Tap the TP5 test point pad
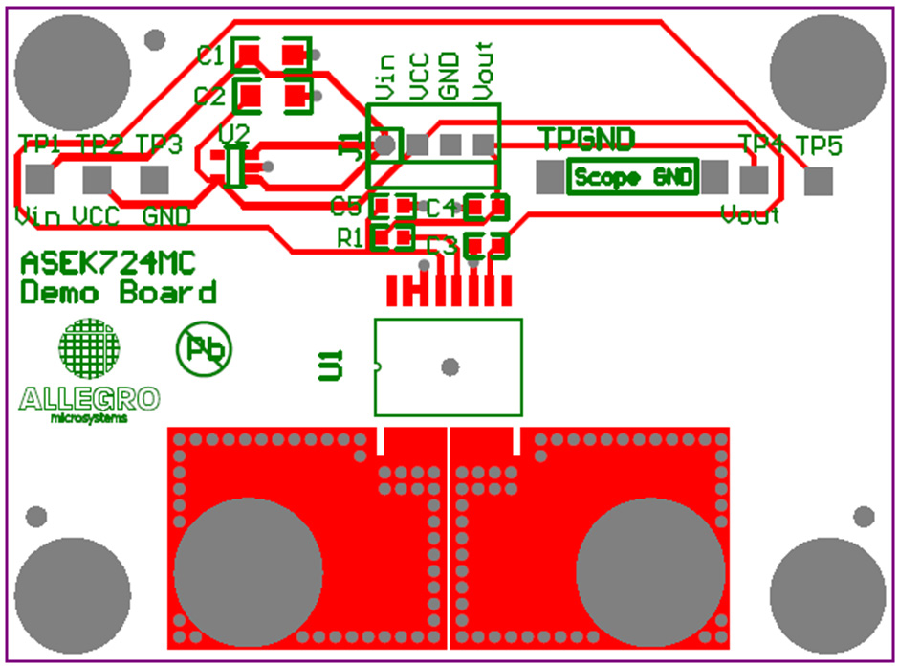coord(819,181)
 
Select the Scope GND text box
coord(634,177)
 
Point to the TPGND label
coord(586,140)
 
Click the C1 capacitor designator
coord(210,55)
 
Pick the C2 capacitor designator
coord(208,96)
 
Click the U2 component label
coord(233,132)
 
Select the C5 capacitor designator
coord(345,206)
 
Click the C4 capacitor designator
coord(441,207)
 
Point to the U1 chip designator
coord(331,366)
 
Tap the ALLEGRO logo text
coord(90,398)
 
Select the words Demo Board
coord(119,292)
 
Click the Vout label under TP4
coord(751,213)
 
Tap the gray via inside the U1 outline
coord(450,366)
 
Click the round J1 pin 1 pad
coord(384,144)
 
